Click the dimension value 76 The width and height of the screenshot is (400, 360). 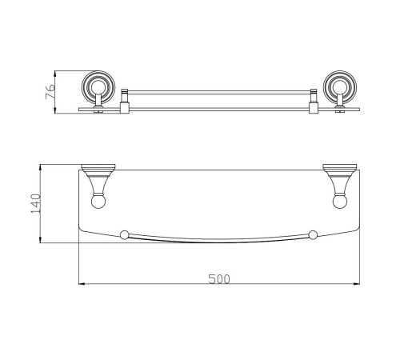[50, 91]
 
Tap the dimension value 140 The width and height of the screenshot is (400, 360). [36, 203]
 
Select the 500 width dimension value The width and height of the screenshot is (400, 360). [219, 279]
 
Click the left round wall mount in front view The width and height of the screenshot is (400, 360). [98, 87]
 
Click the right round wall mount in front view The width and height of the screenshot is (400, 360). [340, 87]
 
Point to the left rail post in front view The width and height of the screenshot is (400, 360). [125, 101]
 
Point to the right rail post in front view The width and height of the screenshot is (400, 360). [313, 101]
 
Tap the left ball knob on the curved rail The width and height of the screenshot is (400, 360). [124, 234]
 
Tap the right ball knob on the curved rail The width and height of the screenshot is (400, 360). [313, 234]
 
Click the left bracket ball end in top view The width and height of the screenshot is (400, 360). [98, 201]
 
